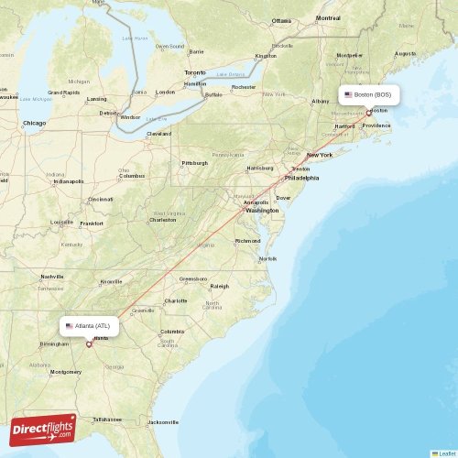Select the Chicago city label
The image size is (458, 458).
tap(34, 122)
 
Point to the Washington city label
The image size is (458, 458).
tap(262, 211)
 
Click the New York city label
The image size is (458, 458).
tap(320, 155)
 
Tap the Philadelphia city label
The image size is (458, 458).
tap(301, 178)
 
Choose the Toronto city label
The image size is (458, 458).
tap(195, 72)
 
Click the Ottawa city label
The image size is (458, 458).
tap(281, 20)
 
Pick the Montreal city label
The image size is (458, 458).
tap(328, 17)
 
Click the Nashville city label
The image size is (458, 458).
tap(52, 277)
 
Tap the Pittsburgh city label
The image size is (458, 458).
tap(194, 163)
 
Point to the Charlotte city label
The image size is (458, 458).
tap(176, 300)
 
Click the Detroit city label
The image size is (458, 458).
tap(109, 113)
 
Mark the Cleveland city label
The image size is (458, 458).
tap(158, 133)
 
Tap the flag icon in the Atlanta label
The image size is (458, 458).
tap(70, 325)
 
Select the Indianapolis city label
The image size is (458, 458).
tap(69, 181)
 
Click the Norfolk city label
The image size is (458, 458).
tap(267, 258)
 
